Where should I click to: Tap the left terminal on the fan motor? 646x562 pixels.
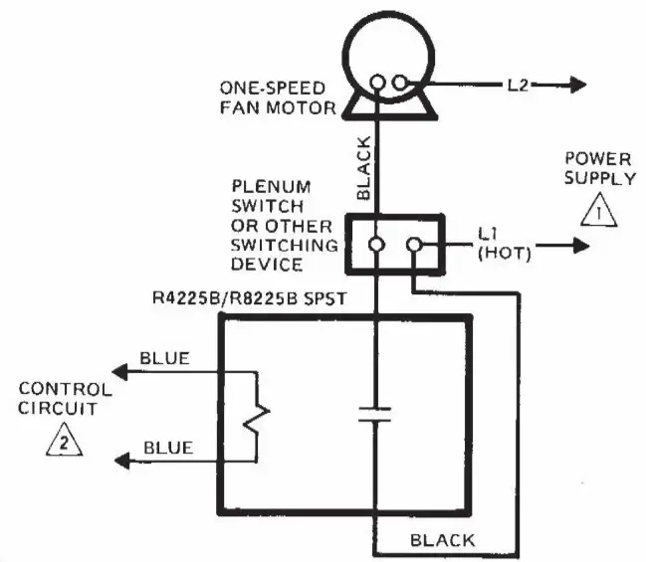point(378,85)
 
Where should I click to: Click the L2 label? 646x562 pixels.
point(516,86)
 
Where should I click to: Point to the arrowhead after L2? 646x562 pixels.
point(576,86)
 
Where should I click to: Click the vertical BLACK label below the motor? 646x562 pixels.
point(363,169)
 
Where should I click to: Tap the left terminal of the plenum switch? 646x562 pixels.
point(378,244)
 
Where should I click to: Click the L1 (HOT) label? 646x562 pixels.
point(504,244)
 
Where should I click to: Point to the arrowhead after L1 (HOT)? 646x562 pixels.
point(577,244)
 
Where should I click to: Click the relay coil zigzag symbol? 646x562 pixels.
point(261,417)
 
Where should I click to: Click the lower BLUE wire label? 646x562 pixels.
point(165,449)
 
